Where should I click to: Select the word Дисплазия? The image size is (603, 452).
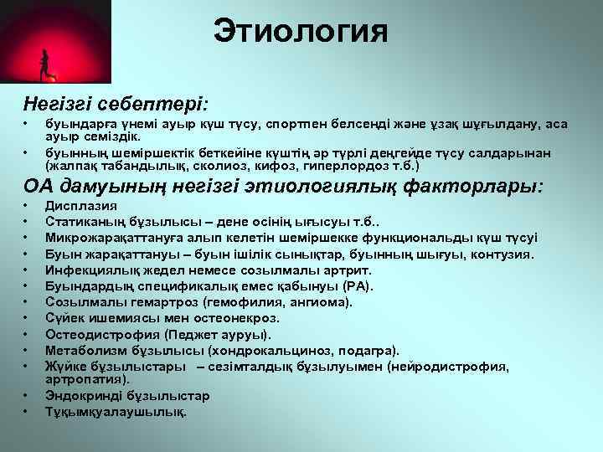[x=81, y=206]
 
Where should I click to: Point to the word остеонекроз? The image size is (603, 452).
[x=239, y=317]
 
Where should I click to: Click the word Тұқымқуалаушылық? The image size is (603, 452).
[x=116, y=412]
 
